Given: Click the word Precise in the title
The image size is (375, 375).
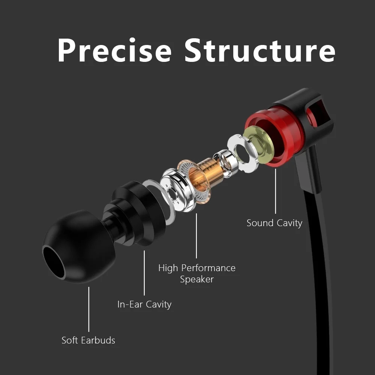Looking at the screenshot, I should tap(114, 50).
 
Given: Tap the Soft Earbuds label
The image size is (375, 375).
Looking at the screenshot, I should tap(88, 340).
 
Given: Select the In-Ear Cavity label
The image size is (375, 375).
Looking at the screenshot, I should tap(144, 304).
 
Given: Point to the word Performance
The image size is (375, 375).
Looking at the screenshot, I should tap(208, 268).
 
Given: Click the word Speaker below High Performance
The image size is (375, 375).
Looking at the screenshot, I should tap(197, 279).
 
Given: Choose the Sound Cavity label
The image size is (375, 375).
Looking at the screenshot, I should tap(274, 223).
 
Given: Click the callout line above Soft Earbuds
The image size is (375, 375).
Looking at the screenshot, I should tap(89, 309).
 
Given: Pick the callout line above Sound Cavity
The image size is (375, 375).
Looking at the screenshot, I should tap(276, 191).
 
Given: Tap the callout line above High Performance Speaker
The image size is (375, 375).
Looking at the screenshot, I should tap(196, 236).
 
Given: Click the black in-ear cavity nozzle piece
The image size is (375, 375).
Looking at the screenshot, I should tap(137, 214).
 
